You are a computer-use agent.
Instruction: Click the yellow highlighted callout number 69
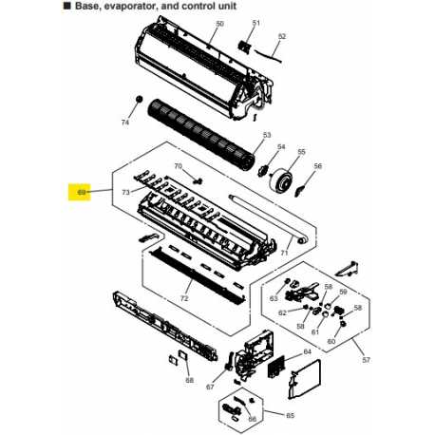[x=82, y=192]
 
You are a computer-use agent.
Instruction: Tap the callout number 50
[x=219, y=24]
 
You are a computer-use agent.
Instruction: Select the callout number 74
[x=125, y=123]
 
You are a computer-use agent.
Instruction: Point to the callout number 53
[x=267, y=135]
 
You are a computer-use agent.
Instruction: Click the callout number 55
[x=301, y=152]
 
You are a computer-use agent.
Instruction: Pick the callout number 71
[x=284, y=253]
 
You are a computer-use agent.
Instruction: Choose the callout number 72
[x=184, y=298]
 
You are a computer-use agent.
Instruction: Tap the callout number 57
[x=366, y=360]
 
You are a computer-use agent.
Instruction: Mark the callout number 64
[x=308, y=351]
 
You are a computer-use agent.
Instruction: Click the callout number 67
[x=210, y=387]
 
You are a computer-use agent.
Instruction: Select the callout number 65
[x=290, y=415]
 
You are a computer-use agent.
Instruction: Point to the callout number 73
[x=125, y=192]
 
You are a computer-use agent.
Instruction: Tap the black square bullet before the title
[x=67, y=6]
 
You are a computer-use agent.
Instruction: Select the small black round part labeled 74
[x=139, y=100]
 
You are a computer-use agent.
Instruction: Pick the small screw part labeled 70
[x=199, y=181]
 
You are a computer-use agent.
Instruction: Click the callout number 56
[x=317, y=166]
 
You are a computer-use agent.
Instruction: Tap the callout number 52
[x=282, y=36]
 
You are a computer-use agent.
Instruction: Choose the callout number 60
[x=331, y=341]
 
